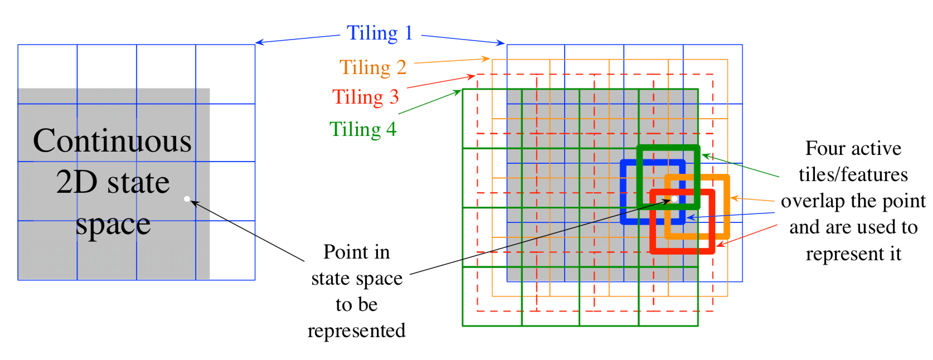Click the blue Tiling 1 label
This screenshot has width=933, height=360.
(x=380, y=33)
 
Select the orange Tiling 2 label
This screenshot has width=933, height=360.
(x=373, y=67)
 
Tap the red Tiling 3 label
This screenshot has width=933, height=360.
(x=365, y=96)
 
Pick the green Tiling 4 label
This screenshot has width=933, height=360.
(x=363, y=129)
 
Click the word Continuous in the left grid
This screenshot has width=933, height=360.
(x=112, y=141)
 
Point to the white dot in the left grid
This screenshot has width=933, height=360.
(x=187, y=199)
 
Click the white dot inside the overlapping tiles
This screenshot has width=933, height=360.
(x=674, y=199)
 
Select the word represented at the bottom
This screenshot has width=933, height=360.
(x=357, y=331)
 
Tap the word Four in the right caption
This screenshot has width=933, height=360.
(x=822, y=148)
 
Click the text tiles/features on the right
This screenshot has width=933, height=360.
(x=853, y=174)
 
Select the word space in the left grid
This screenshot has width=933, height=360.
(x=113, y=225)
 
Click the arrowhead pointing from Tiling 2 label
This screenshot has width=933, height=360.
(x=487, y=59)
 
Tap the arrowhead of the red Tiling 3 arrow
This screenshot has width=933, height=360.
(x=472, y=76)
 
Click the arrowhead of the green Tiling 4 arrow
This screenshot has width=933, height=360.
(x=458, y=93)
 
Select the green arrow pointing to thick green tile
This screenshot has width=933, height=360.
(x=740, y=166)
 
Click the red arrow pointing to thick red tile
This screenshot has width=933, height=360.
(x=747, y=235)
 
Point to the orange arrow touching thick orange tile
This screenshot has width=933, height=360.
(x=752, y=199)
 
